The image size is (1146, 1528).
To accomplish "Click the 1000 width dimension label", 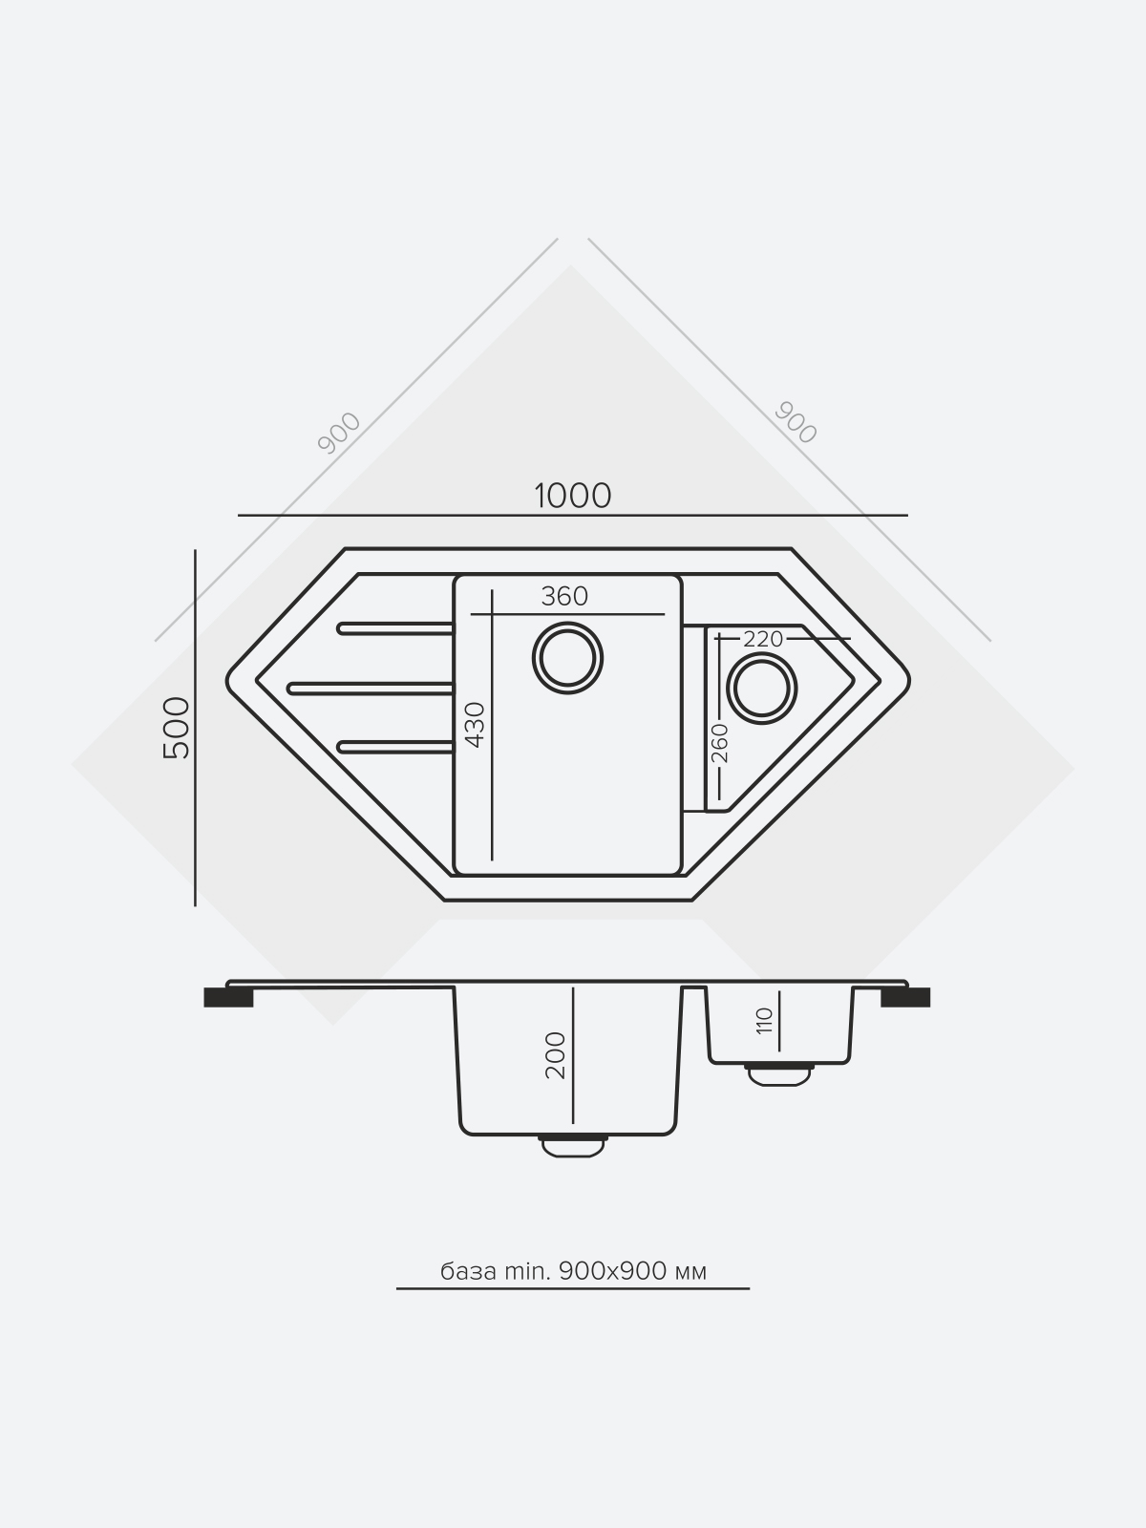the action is (x=573, y=497).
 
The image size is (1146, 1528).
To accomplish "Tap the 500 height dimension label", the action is (x=176, y=728).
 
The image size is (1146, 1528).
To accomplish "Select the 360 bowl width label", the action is (x=564, y=596).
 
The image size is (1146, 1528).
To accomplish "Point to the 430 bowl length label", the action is (x=475, y=725).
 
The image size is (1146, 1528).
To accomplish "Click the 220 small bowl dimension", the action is (x=763, y=639).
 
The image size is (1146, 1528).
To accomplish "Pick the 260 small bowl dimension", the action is (x=720, y=743).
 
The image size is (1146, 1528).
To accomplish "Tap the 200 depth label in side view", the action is (x=555, y=1055).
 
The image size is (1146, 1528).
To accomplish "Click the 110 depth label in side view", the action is (x=764, y=1021).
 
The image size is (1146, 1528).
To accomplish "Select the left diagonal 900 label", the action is (x=339, y=433).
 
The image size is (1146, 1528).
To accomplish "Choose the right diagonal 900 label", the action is (x=796, y=422).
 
